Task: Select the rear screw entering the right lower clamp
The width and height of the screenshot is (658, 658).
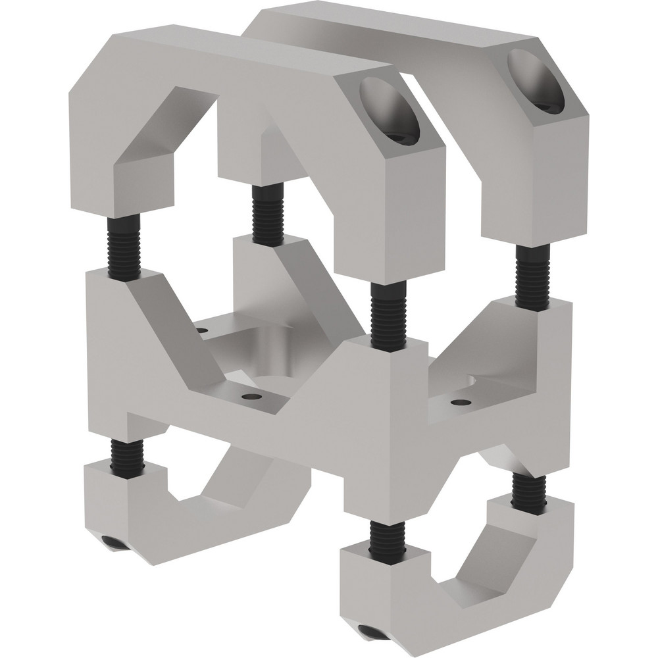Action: [528, 491]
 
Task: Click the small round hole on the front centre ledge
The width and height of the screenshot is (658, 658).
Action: [249, 398]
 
